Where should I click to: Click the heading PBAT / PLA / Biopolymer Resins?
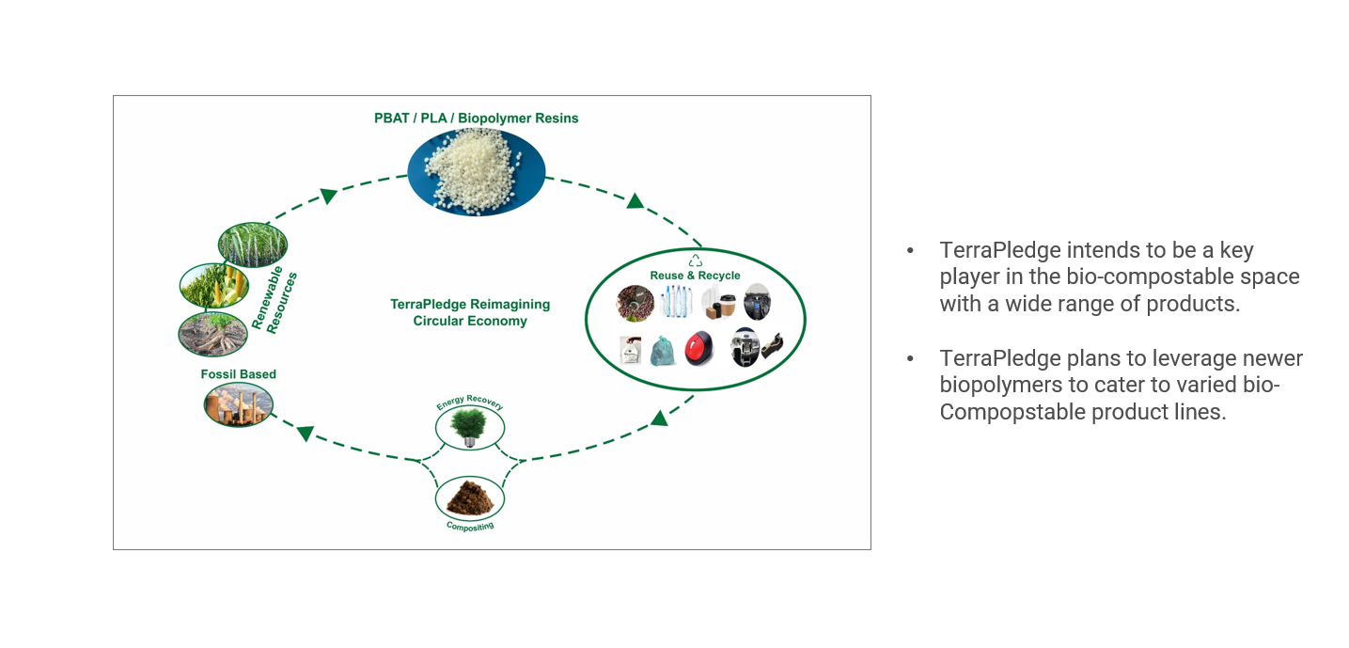pos(476,119)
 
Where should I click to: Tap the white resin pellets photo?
pos(476,170)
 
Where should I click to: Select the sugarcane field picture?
pos(252,245)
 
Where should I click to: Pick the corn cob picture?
pos(213,286)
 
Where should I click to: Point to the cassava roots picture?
pos(212,333)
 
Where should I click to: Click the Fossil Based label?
pos(239,374)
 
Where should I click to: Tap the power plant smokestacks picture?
pos(239,404)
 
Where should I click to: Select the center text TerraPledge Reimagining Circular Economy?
pos(470,312)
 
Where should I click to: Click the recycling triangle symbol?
pos(696,261)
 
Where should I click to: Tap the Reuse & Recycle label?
pos(695,276)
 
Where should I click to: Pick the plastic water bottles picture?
pos(675,302)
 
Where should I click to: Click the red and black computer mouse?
pos(698,348)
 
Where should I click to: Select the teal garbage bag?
pos(663,351)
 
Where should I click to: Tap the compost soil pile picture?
pos(469,497)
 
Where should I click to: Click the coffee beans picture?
pos(635,303)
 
